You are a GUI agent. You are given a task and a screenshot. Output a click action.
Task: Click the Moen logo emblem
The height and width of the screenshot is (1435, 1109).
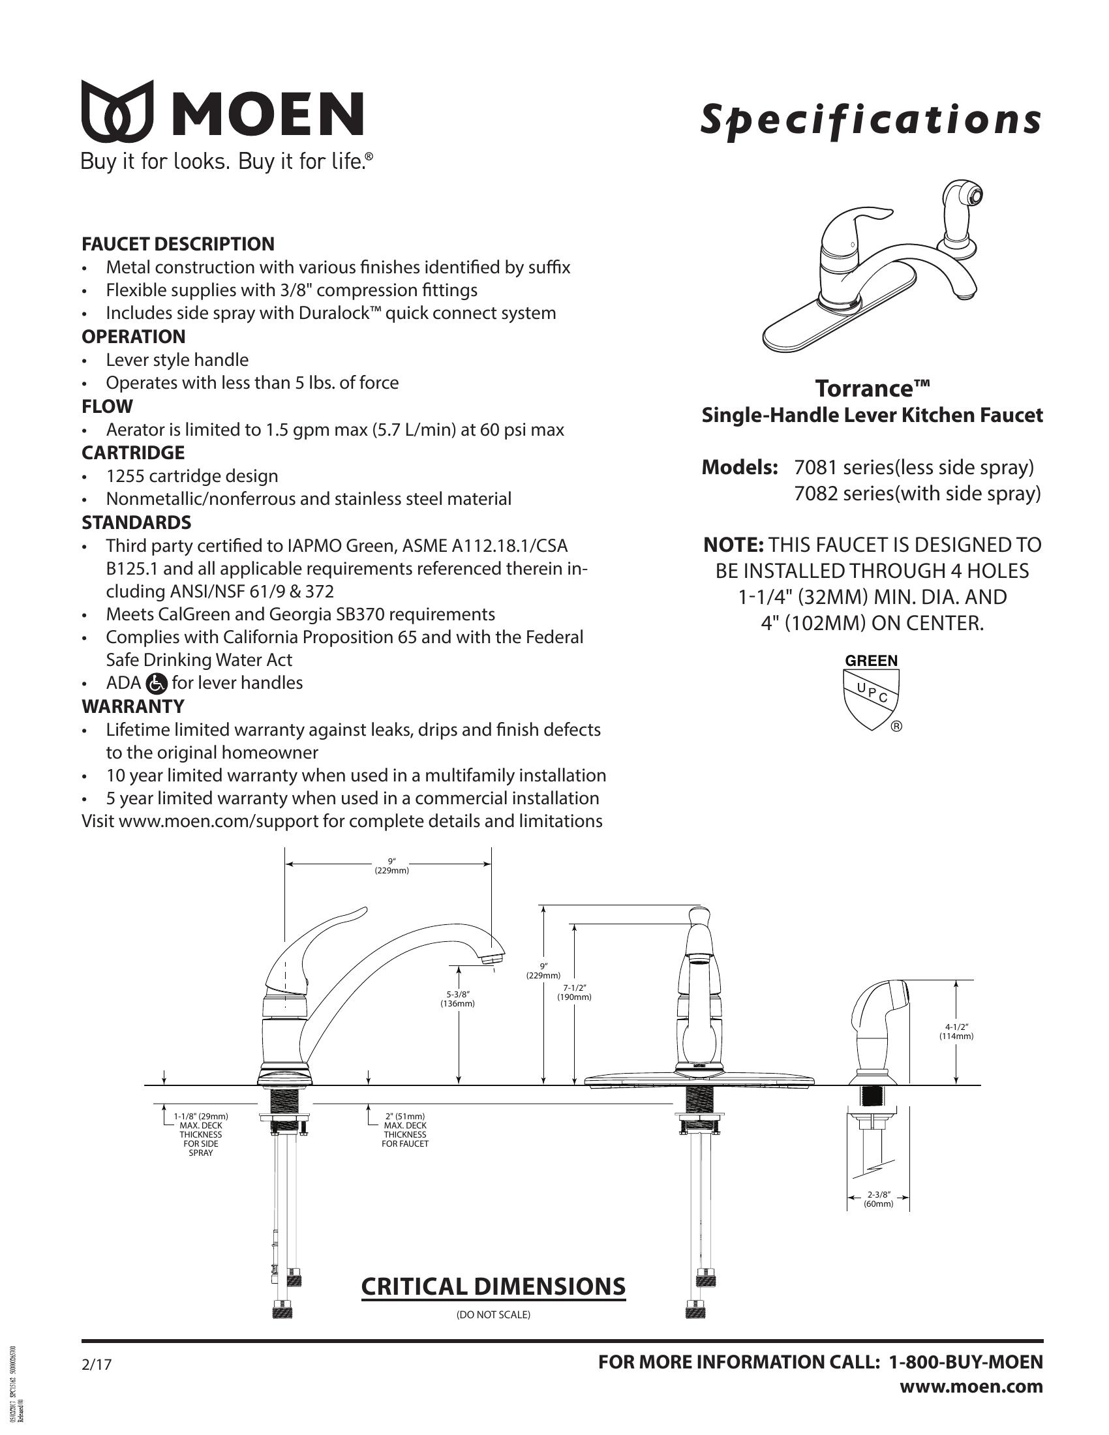pos(117,111)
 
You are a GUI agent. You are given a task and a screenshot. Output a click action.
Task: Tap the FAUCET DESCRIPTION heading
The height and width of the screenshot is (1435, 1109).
pos(178,244)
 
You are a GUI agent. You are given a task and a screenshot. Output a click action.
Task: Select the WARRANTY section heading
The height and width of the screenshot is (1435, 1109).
pos(132,706)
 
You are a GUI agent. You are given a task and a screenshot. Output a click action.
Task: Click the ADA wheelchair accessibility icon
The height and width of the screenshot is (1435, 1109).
pos(158,684)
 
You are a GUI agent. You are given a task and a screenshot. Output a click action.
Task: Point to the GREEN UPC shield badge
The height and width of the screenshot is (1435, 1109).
pos(871,694)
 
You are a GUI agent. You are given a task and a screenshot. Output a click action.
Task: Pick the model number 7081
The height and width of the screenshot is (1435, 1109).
pos(816,467)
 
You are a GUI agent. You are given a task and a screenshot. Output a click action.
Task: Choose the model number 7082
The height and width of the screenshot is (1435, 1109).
pos(816,494)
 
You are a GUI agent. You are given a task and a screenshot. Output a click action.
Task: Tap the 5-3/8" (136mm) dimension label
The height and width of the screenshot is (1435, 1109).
pos(457,999)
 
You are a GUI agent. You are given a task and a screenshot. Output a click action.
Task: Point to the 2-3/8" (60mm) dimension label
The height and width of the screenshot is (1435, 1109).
pos(879,1199)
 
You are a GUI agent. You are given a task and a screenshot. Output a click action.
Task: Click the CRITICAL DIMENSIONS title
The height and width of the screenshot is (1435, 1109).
pos(493,1286)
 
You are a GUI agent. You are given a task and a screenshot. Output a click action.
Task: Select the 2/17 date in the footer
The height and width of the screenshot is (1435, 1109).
pos(97,1365)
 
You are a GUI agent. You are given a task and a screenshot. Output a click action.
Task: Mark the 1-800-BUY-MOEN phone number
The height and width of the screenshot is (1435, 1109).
pos(965,1362)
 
